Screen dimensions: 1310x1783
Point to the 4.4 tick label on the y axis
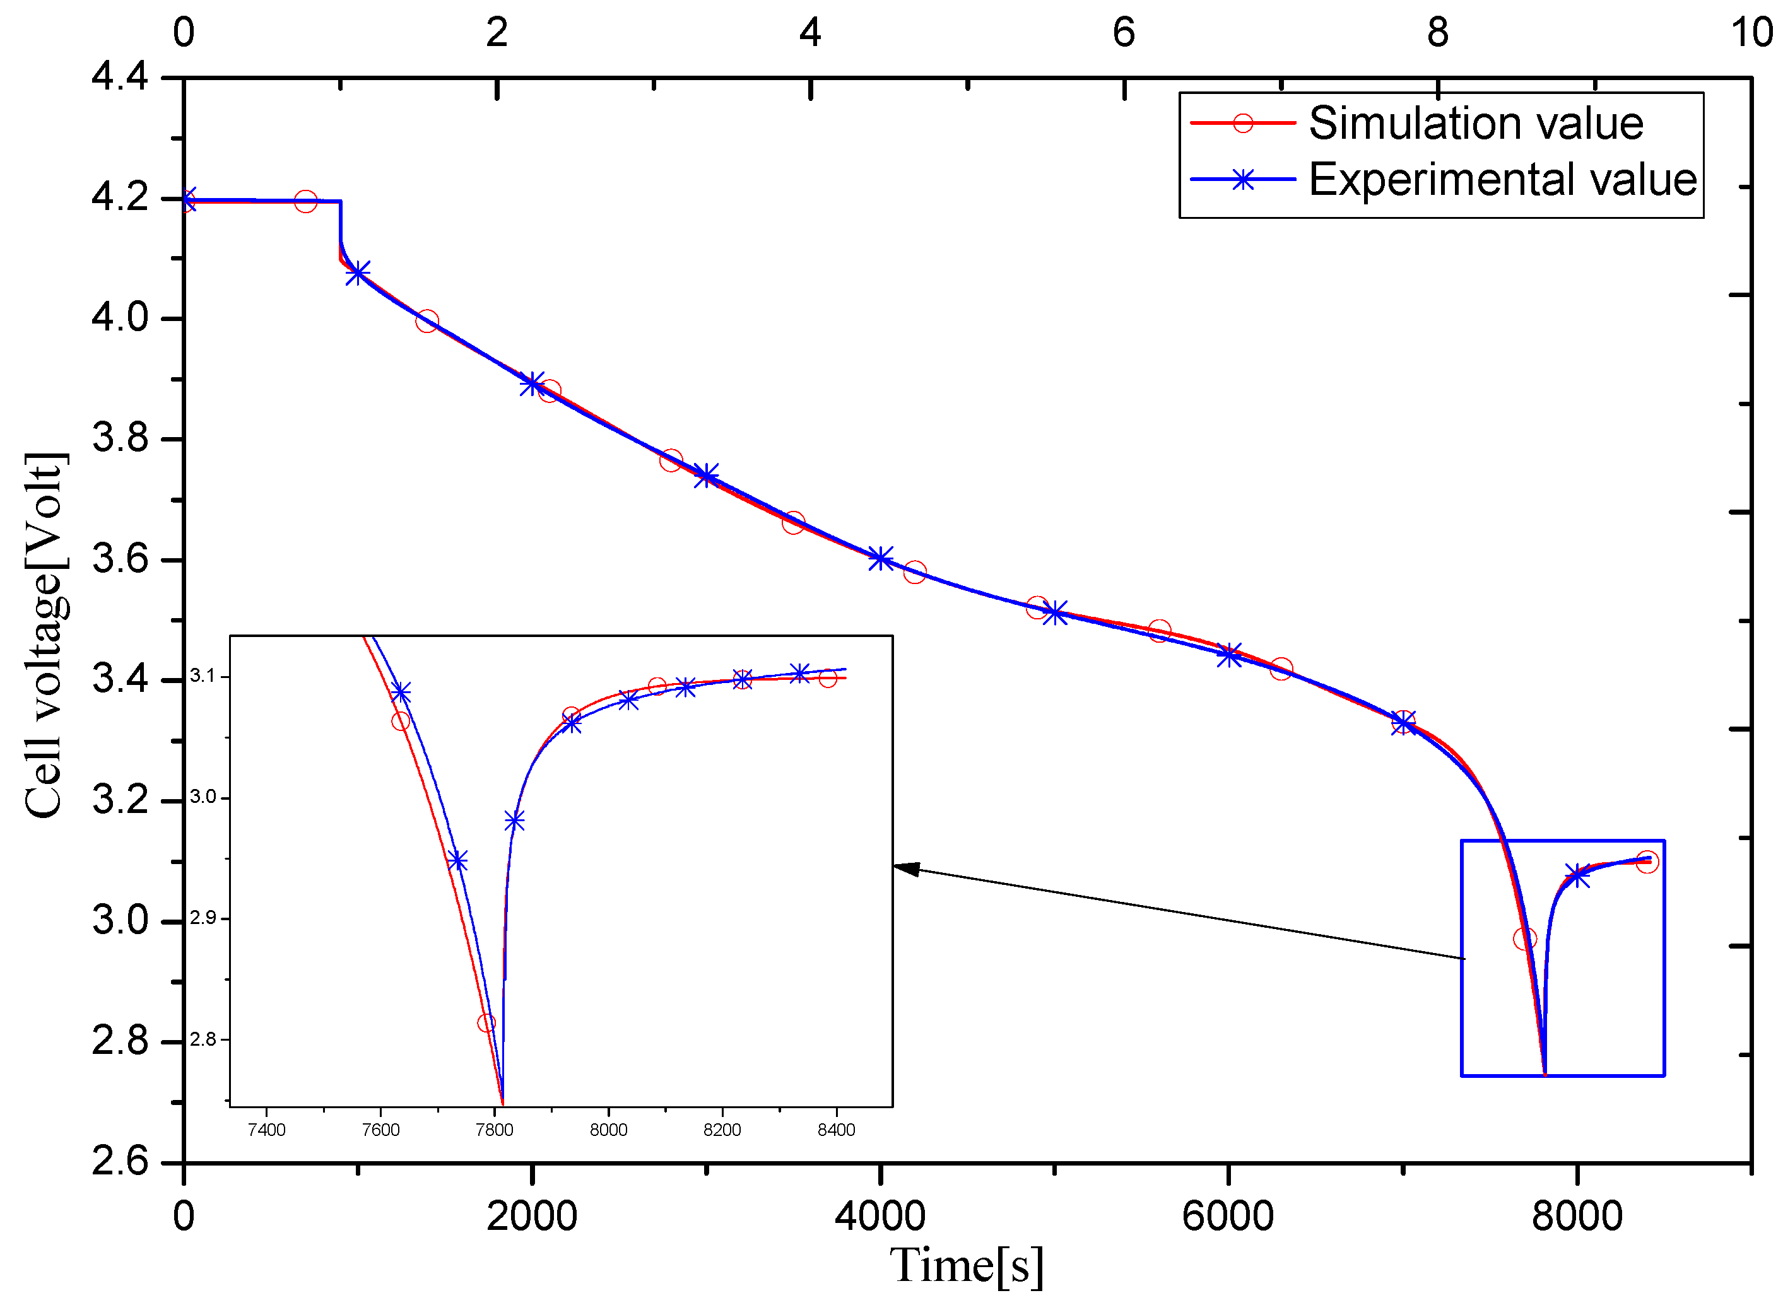(120, 77)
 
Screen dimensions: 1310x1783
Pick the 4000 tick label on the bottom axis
(880, 1217)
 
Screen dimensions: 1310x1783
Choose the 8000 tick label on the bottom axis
(1576, 1217)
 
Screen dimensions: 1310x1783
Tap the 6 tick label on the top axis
(1123, 33)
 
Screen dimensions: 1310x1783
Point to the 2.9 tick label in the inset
(203, 918)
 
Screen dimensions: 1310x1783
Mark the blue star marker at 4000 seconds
(880, 558)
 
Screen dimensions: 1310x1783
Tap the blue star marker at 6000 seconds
(1228, 655)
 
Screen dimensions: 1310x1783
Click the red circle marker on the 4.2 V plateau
(305, 201)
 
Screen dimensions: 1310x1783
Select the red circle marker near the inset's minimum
(486, 1023)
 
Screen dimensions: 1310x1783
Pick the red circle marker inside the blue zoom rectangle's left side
(1524, 939)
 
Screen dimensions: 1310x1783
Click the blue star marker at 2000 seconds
(531, 384)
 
